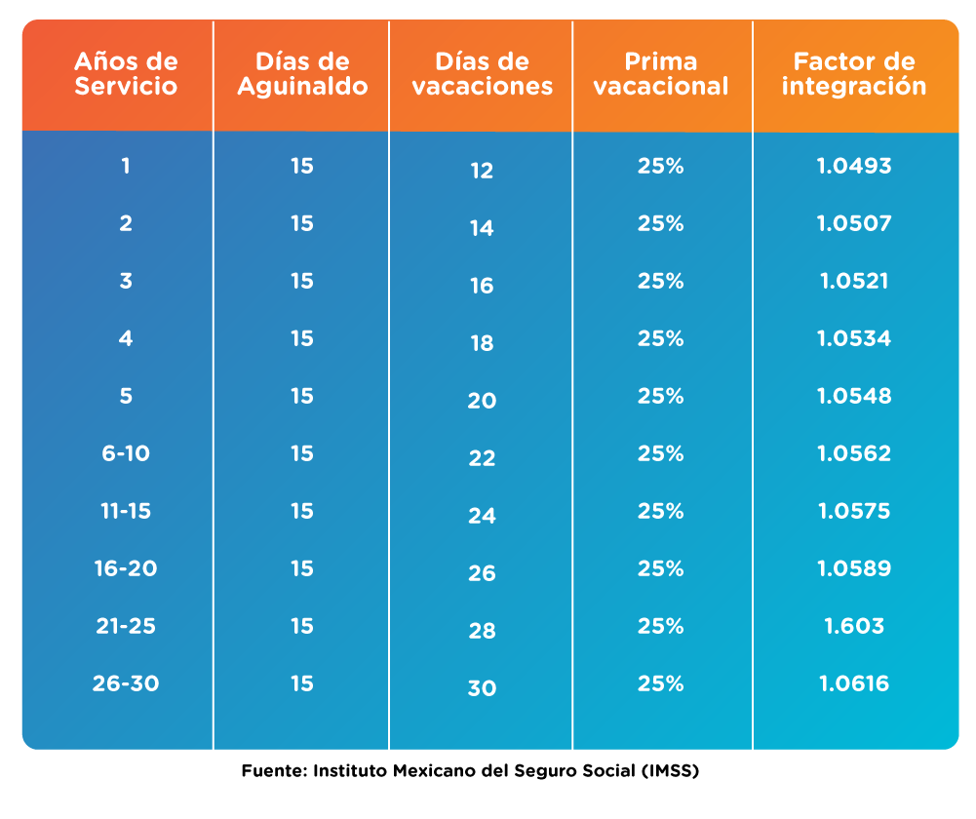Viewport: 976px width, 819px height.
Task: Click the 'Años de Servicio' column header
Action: click(126, 74)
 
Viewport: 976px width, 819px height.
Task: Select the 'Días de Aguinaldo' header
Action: click(301, 74)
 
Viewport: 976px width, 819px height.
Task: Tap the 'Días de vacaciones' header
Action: click(482, 74)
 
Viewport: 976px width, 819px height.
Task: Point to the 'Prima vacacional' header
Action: click(661, 74)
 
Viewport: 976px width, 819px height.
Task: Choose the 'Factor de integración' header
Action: click(854, 74)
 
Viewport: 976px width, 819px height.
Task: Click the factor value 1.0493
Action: click(854, 166)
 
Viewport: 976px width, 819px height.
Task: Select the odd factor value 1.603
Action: click(854, 626)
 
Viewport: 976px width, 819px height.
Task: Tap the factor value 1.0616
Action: click(854, 683)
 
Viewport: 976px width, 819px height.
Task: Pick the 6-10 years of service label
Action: click(126, 453)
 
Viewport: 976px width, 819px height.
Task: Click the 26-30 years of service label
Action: click(126, 683)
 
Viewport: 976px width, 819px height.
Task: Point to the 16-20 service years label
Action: click(126, 568)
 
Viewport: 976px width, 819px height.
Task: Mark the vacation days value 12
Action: click(482, 172)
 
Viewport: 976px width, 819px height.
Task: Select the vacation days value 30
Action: click(482, 689)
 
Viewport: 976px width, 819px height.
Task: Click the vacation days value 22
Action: click(482, 459)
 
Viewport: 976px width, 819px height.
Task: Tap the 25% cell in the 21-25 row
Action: click(661, 626)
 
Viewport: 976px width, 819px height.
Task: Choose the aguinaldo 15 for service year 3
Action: click(301, 281)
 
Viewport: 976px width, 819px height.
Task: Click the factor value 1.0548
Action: click(854, 396)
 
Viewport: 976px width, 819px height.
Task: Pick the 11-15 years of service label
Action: click(126, 511)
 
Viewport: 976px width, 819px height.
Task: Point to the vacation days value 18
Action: click(482, 344)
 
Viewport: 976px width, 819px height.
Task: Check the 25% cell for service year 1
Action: click(661, 166)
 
